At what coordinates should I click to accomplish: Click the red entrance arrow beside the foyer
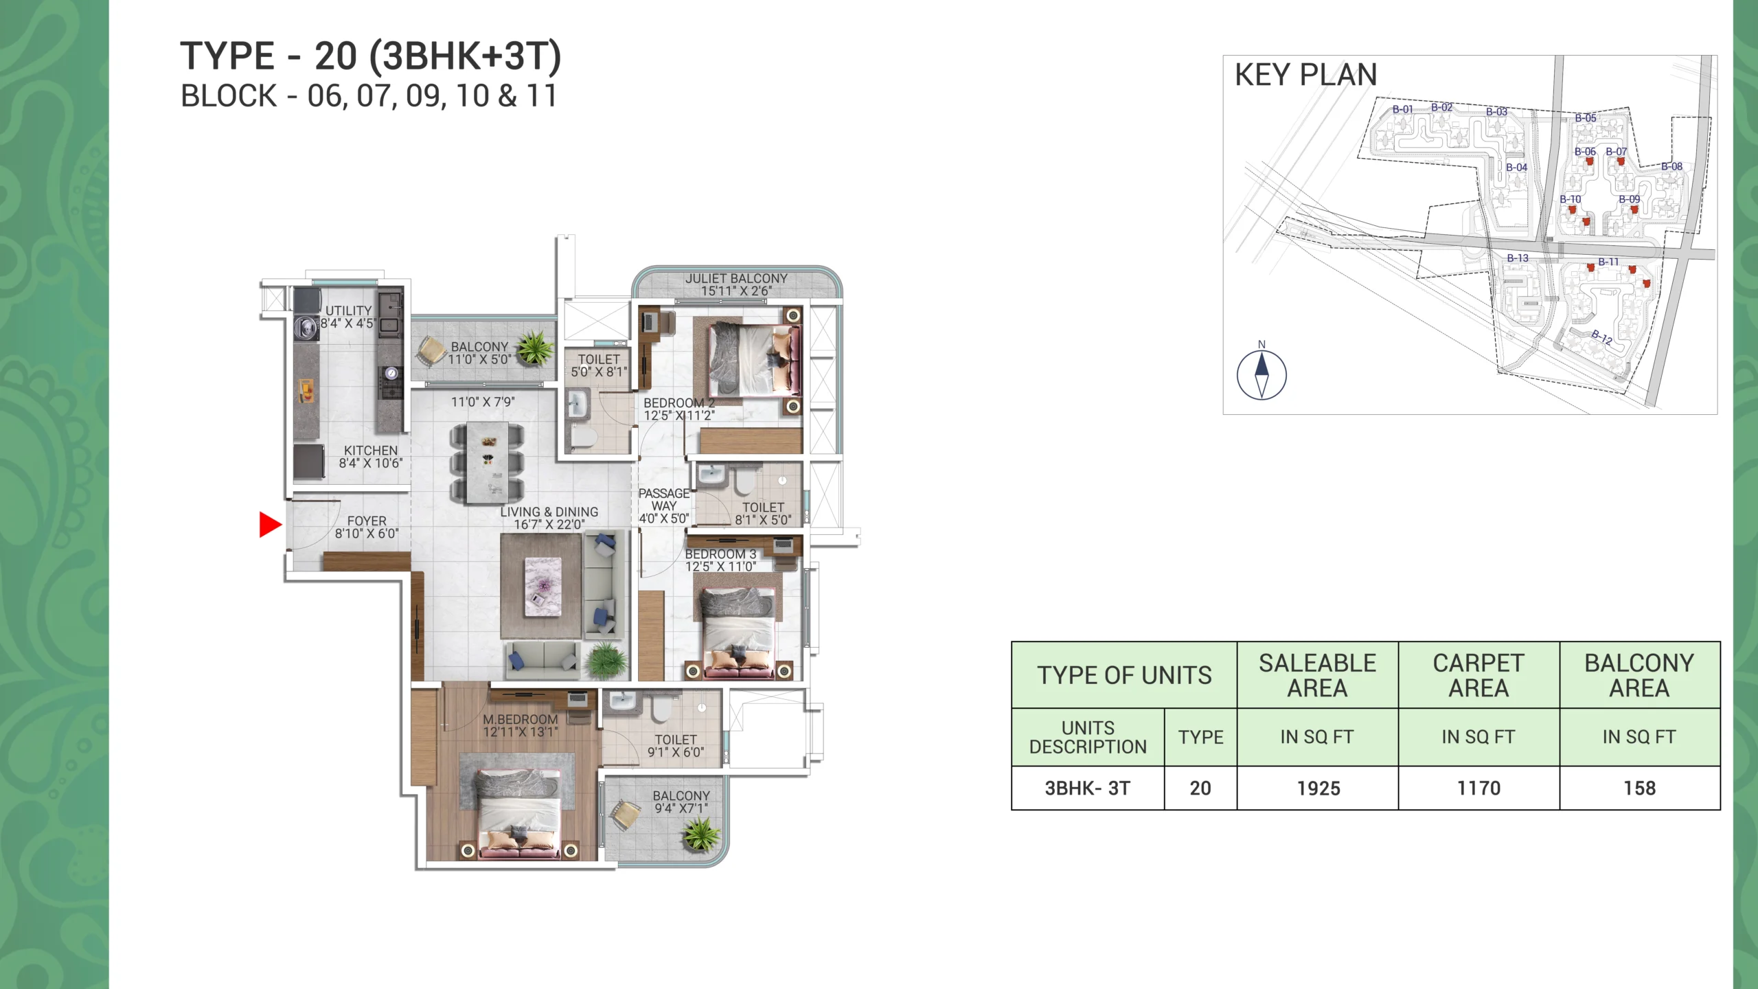[x=270, y=525]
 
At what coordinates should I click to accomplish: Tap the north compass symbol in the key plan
[x=1262, y=375]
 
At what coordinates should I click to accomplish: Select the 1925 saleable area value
[x=1318, y=788]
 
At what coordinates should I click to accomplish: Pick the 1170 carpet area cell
[x=1479, y=788]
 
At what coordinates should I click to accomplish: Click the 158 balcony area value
[x=1639, y=788]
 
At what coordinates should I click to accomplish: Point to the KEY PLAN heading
[x=1305, y=75]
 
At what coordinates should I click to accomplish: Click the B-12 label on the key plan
[x=1601, y=337]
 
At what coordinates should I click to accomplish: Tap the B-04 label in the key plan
[x=1516, y=168]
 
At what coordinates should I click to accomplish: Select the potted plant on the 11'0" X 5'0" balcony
[x=534, y=347]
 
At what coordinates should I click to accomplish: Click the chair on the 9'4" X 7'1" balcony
[x=626, y=815]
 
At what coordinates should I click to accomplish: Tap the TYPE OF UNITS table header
[x=1124, y=675]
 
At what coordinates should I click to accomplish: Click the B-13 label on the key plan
[x=1518, y=258]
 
